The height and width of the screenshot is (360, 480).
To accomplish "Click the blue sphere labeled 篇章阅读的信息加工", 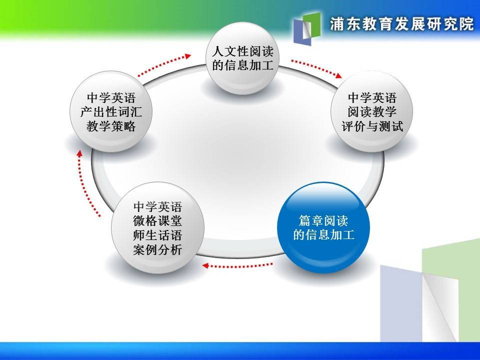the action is click(x=323, y=227).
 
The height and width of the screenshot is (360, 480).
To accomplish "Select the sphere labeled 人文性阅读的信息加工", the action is click(x=242, y=58).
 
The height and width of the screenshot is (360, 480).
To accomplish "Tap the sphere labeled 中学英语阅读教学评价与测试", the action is click(x=372, y=111).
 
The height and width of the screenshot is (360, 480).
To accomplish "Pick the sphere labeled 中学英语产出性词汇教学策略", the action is click(x=111, y=111).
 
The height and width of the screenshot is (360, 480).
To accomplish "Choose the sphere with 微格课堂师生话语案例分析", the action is click(x=157, y=228).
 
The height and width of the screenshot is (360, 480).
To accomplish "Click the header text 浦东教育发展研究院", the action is click(x=402, y=24).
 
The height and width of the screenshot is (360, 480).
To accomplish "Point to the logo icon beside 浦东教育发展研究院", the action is click(x=307, y=28).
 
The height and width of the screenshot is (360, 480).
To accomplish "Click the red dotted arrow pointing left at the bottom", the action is click(x=237, y=265).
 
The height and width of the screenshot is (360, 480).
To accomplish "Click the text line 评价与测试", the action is click(x=372, y=126).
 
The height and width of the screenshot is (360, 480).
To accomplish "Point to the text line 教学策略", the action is click(x=111, y=126).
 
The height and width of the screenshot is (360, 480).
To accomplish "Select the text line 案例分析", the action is click(x=157, y=250).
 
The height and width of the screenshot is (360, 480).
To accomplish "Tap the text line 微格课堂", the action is click(x=157, y=220).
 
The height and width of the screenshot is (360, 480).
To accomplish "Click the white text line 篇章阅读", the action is click(x=323, y=220).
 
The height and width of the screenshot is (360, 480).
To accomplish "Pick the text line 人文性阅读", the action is click(x=242, y=51).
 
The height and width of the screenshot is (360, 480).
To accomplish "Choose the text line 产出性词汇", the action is click(x=111, y=111).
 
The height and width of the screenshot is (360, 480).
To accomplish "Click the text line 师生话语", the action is click(x=157, y=235).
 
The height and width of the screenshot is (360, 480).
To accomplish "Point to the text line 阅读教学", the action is click(x=372, y=111).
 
